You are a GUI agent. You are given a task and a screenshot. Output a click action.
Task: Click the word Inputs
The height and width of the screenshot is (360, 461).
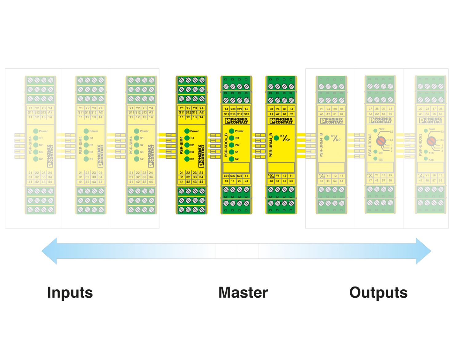(70, 292)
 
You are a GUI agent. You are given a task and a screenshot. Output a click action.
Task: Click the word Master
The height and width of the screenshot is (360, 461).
(243, 292)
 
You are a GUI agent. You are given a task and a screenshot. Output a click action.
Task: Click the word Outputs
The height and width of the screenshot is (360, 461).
(378, 292)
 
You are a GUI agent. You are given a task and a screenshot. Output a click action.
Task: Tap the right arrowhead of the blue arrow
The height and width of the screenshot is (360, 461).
(423, 251)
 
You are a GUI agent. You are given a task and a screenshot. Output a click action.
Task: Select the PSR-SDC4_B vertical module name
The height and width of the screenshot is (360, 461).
(226, 145)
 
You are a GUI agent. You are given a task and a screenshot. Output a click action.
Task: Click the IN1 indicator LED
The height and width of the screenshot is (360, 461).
(232, 138)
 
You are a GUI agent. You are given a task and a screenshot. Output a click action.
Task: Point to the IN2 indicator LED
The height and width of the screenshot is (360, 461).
(232, 145)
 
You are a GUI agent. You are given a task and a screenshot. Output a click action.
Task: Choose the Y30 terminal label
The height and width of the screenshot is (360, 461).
(233, 109)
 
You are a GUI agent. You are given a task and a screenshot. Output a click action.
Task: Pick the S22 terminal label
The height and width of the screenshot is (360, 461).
(240, 109)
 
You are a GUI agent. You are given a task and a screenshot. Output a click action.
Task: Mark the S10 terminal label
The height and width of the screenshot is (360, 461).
(233, 114)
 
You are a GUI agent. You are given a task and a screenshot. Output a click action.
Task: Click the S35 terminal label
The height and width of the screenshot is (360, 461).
(240, 176)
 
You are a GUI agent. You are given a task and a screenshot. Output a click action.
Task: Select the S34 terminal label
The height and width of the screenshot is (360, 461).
(226, 176)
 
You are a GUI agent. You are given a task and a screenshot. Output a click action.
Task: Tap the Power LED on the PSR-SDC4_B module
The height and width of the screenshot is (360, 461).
(232, 131)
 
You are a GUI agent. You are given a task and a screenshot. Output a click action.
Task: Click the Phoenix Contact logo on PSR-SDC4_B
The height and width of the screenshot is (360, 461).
(236, 121)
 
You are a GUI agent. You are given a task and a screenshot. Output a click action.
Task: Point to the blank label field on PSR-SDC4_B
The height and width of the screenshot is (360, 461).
(236, 167)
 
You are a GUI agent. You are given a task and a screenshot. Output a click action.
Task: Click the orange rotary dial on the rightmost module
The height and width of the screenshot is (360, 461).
(431, 141)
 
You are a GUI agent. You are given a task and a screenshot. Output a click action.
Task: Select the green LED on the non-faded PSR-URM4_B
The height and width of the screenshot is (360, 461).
(276, 138)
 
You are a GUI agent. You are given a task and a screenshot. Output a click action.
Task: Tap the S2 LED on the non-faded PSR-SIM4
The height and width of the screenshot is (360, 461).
(187, 145)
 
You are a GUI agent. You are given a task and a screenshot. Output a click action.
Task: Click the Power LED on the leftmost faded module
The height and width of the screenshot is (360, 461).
(36, 131)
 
